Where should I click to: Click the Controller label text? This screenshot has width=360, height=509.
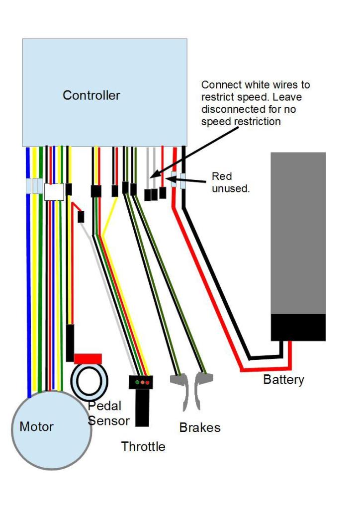pos(91,95)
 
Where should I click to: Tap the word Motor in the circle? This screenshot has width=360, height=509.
pos(36,426)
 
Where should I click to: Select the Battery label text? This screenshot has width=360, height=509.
pos(283,380)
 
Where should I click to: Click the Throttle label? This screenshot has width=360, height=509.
pos(143,446)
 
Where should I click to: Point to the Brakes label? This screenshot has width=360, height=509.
pos(199,427)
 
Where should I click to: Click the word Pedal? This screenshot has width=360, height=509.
pos(105,406)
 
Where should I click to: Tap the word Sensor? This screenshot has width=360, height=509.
pos(109,421)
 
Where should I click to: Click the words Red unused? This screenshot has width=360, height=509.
pos(229,182)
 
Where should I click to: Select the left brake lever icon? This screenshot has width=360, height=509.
pos(180,390)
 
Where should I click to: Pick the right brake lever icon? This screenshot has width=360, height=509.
pos(202,390)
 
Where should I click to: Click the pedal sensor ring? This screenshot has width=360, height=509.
pos(90,381)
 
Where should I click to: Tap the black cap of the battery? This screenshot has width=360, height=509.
pos(298,327)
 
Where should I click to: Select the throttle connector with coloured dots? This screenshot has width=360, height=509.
pos(141,382)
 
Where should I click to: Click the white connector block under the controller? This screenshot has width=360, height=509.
pos(54,192)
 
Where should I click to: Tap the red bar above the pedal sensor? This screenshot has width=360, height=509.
pos(88,359)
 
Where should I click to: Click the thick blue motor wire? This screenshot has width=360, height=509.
pos(28,298)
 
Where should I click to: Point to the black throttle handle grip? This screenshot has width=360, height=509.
pos(142,408)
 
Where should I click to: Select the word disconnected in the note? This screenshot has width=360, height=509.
pos(232,109)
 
